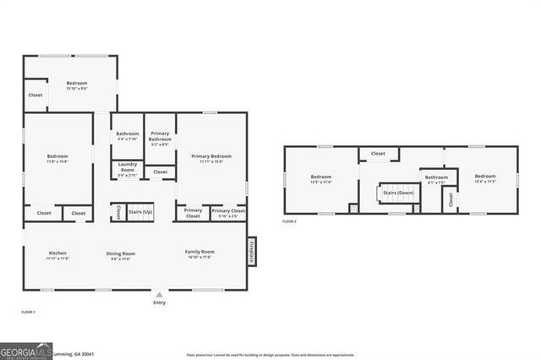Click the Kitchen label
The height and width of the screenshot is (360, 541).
57,254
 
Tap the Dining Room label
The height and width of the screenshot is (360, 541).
120,254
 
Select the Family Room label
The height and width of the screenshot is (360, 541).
200,252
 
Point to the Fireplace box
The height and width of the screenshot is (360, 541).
251,251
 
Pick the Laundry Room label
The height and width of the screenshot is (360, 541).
127,168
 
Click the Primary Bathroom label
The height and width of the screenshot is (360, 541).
160,136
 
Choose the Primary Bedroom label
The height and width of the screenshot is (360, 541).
210,157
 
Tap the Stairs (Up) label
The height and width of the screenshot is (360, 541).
140,211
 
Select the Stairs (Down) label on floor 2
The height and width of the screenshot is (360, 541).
398,193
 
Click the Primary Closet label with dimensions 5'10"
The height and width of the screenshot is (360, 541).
228,212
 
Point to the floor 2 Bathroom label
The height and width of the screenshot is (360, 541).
436,177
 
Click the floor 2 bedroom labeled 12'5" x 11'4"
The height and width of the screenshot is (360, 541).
320,177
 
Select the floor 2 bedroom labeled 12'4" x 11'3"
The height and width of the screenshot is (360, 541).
485,177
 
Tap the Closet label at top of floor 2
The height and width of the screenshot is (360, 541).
378,154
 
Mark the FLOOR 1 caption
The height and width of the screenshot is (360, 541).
28,313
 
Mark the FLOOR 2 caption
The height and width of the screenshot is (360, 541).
291,221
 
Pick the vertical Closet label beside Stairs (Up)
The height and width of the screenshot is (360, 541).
118,211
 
